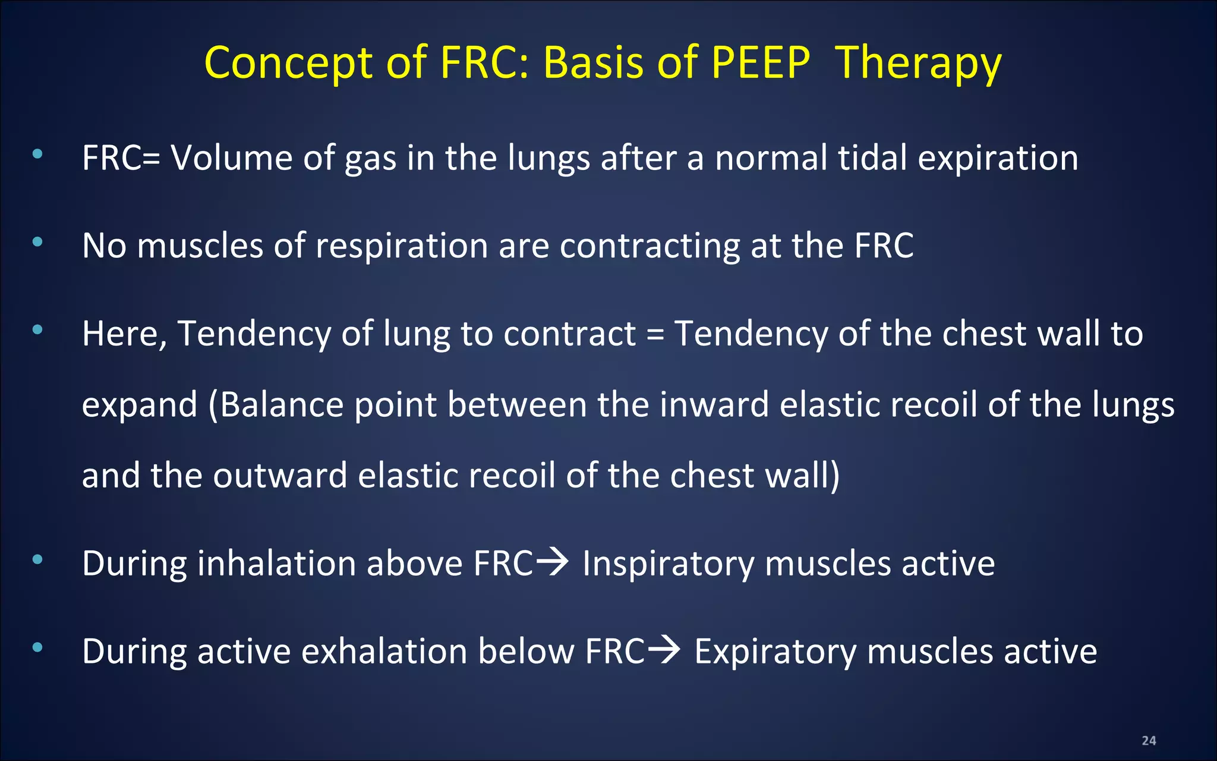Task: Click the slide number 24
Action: click(x=1149, y=741)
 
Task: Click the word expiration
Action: click(x=998, y=159)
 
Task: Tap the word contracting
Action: click(x=650, y=246)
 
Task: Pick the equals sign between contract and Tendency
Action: click(x=655, y=334)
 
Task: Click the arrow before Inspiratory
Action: click(x=552, y=562)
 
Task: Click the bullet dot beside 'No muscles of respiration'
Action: click(x=37, y=242)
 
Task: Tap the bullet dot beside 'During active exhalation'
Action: click(x=37, y=647)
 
